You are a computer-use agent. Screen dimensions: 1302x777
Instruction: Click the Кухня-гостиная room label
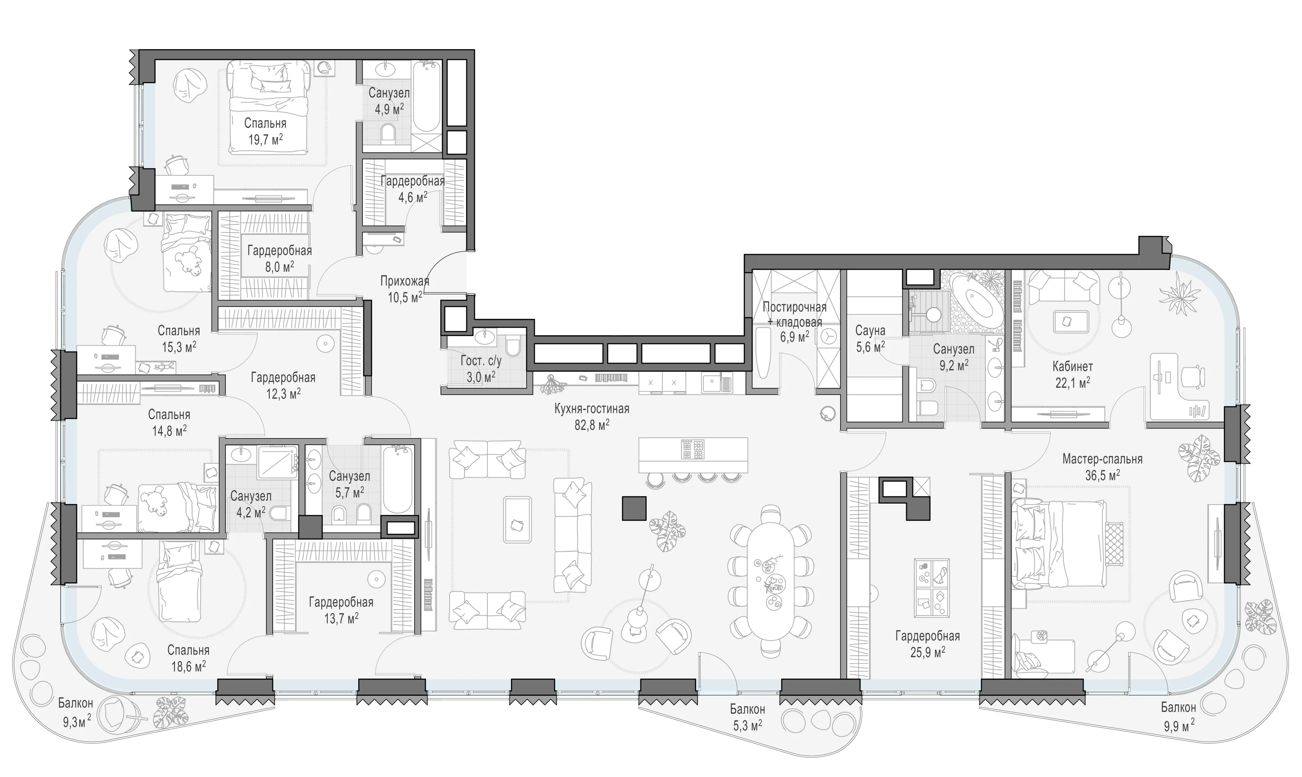592,409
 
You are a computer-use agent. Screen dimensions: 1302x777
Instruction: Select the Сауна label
870,331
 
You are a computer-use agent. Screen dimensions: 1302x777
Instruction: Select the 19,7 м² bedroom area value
265,140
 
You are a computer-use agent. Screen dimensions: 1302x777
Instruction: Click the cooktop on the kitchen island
693,449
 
